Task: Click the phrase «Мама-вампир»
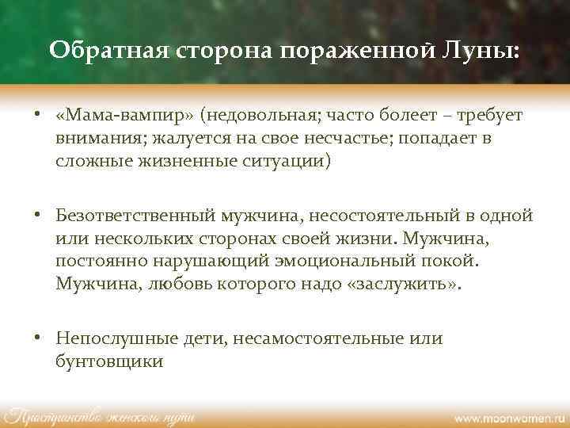[x=125, y=117]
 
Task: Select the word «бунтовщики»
[x=109, y=361]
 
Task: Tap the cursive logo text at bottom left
[x=98, y=415]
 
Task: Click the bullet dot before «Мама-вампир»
[x=38, y=117]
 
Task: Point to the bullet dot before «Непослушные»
[x=38, y=338]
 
